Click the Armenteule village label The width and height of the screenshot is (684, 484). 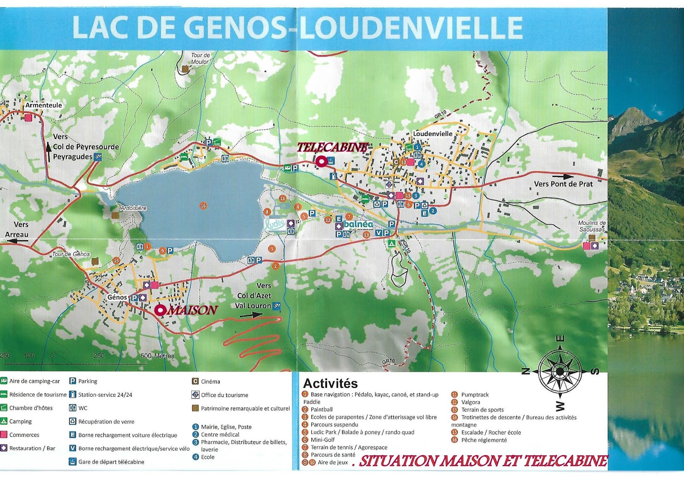44,105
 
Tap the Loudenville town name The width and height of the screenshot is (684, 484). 433,134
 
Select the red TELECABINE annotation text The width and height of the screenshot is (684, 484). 332,148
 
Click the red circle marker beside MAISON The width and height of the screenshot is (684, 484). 160,310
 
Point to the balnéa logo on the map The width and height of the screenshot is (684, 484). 358,224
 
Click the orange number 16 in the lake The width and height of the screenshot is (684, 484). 203,206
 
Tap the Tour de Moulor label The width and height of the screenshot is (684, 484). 200,58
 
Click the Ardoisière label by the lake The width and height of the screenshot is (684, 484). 133,208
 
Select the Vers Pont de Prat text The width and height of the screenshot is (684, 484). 563,184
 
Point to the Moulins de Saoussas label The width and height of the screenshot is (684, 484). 592,226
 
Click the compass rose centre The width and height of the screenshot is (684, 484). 560,371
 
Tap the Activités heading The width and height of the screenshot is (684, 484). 330,383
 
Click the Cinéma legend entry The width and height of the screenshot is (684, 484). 210,381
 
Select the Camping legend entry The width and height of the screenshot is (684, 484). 20,421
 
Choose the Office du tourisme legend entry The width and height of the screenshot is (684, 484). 224,395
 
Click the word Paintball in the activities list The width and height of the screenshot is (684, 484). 321,409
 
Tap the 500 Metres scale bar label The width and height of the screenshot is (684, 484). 157,356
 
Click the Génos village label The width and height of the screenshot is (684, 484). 117,297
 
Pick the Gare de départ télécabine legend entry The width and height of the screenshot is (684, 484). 111,462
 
